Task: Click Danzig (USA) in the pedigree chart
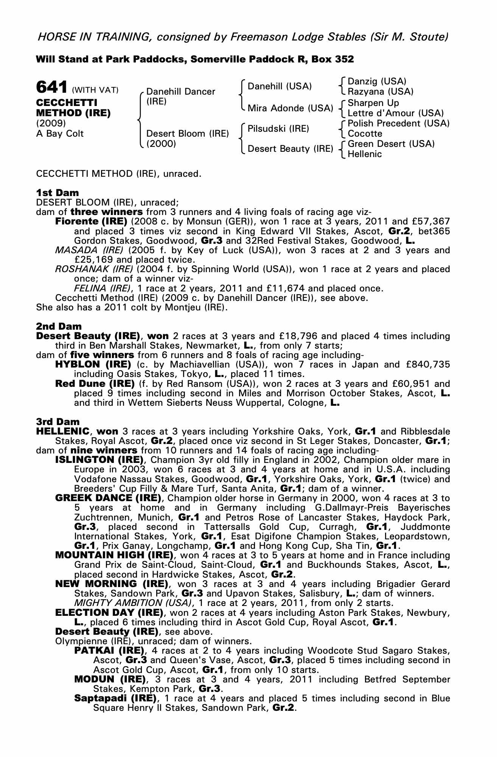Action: point(377,81)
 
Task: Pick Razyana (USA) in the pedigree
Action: point(381,92)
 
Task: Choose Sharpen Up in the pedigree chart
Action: point(373,103)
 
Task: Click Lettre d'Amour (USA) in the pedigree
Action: point(395,113)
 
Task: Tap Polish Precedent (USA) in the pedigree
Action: point(398,123)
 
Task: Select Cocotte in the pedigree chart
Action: point(365,134)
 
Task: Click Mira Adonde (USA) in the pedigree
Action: point(290,108)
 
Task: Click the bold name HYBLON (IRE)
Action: point(93,364)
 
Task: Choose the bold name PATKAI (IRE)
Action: point(110,651)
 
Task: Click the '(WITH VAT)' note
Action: point(95,90)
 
